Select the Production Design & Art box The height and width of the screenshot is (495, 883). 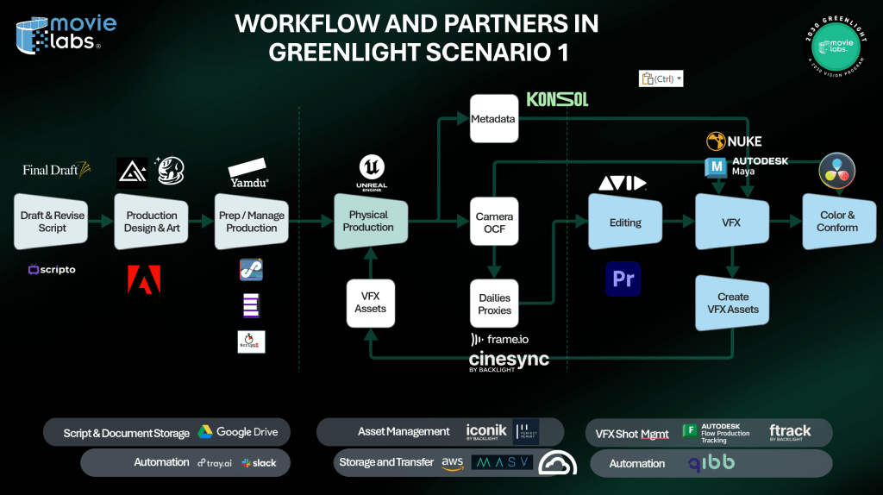tap(152, 222)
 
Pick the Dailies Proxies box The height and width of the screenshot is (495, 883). tap(495, 304)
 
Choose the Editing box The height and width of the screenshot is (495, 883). tap(625, 222)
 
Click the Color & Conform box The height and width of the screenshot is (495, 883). tap(837, 222)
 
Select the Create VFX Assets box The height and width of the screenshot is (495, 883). tap(733, 303)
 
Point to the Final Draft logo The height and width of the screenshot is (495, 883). tap(56, 170)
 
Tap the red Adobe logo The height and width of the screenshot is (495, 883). tap(143, 279)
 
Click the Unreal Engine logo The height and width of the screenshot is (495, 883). tap(371, 172)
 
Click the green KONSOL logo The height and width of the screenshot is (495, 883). tap(557, 100)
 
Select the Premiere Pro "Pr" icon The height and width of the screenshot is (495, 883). tap(623, 279)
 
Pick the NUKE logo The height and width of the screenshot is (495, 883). tap(735, 141)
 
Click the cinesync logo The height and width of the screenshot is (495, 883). tap(508, 360)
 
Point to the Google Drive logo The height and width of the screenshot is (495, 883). tap(237, 432)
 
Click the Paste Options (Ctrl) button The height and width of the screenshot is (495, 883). tap(661, 79)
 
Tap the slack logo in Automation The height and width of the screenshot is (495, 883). tap(259, 463)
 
